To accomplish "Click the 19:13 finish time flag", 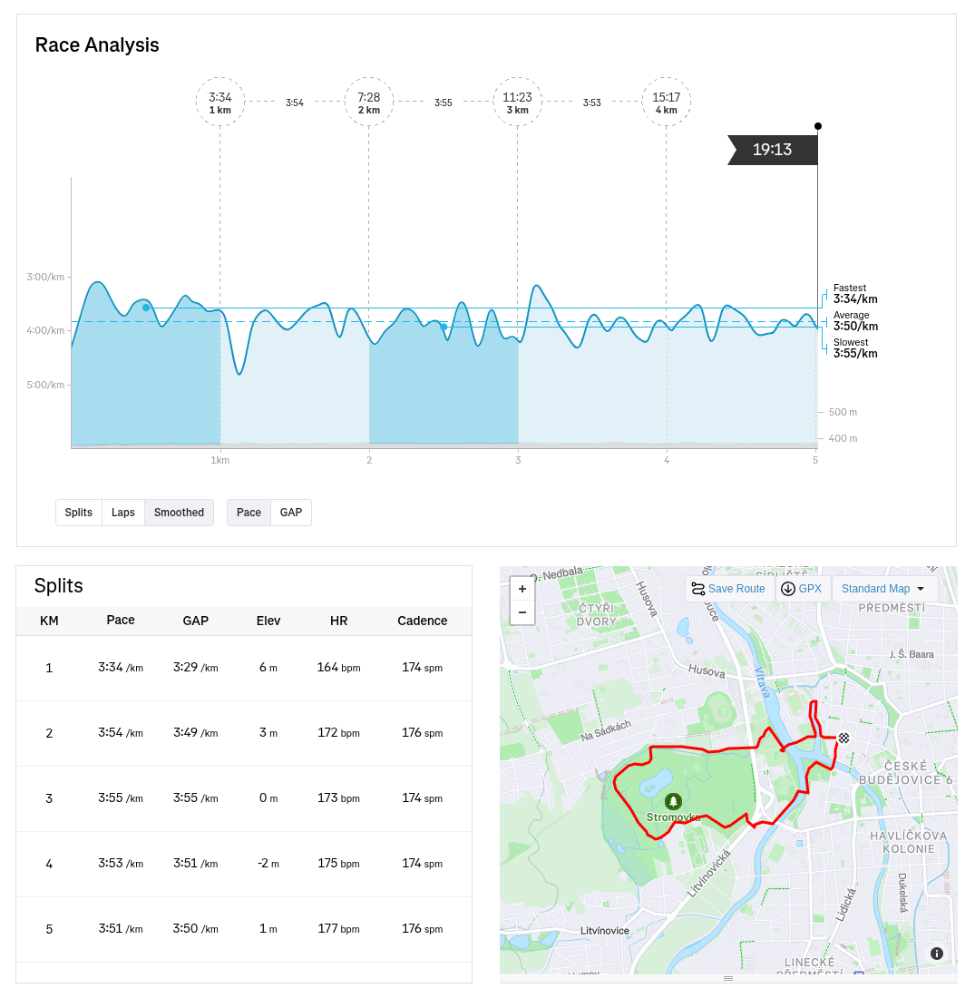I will pyautogui.click(x=773, y=150).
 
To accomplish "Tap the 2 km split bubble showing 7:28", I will pyautogui.click(x=368, y=102).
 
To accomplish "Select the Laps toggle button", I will pyautogui.click(x=123, y=513).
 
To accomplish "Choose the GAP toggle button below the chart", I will pyautogui.click(x=291, y=513).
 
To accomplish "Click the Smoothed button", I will pyautogui.click(x=179, y=513).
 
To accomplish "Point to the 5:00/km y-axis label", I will pyautogui.click(x=45, y=385).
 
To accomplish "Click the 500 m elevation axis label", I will pyautogui.click(x=843, y=412).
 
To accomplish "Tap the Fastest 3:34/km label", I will pyautogui.click(x=854, y=294).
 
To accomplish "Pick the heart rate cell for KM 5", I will pyautogui.click(x=338, y=929).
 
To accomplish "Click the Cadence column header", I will pyautogui.click(x=422, y=621).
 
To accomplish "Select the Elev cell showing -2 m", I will pyautogui.click(x=268, y=864).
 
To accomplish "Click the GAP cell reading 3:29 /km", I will pyautogui.click(x=195, y=668).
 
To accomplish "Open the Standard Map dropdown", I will pyautogui.click(x=883, y=589).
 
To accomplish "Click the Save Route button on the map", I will pyautogui.click(x=728, y=589).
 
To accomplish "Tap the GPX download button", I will pyautogui.click(x=802, y=589).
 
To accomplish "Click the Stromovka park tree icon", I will pyautogui.click(x=673, y=801).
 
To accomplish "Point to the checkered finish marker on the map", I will pyautogui.click(x=844, y=739).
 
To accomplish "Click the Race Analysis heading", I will pyautogui.click(x=97, y=45).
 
